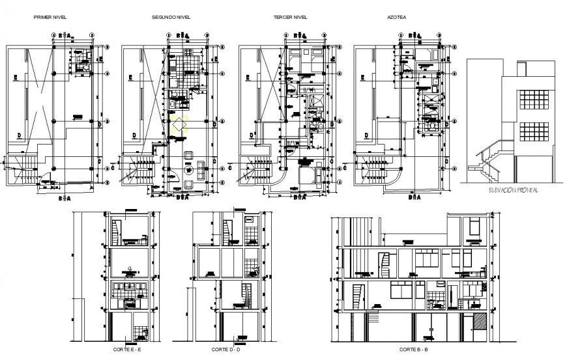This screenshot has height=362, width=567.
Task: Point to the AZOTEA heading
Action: tap(396, 18)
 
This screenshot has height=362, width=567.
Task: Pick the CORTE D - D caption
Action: tap(226, 350)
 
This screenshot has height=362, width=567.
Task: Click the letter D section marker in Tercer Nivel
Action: tap(250, 135)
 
